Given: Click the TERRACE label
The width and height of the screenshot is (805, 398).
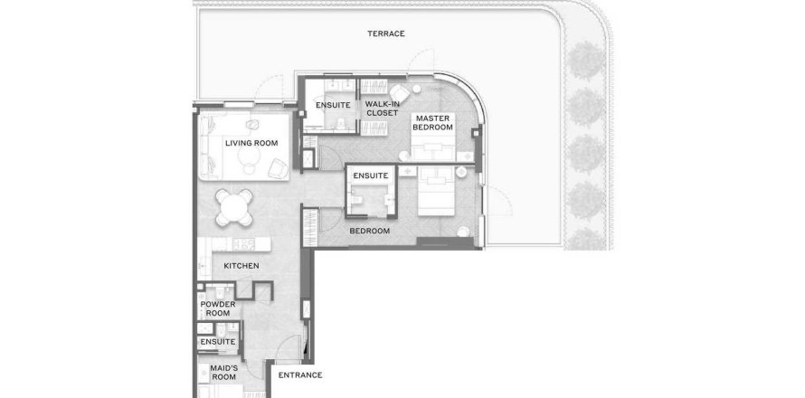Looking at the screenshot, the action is coord(386,33).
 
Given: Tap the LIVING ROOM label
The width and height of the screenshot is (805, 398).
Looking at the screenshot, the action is coord(251,143).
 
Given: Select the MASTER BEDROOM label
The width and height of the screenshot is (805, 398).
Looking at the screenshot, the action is coord(432,123).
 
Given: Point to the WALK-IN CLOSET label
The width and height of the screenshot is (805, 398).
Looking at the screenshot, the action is coord(382,109).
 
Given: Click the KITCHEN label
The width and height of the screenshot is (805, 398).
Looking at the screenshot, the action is coord(241,266).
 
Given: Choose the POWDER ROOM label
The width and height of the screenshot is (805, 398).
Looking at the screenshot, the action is coord(218,308).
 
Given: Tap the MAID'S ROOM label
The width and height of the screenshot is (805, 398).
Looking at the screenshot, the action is coord(223,373).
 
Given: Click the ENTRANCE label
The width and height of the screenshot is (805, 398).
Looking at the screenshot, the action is coord(300,375).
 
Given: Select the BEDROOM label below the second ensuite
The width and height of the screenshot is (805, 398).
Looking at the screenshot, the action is coord(370,231).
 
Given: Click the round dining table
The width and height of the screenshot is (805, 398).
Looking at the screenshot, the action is coord(234,207).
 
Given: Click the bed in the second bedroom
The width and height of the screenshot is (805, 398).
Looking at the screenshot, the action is coord(436,191).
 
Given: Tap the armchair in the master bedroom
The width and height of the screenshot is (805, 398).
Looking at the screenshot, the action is coord(400,93).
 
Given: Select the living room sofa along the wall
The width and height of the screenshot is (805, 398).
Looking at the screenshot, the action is coord(206,145).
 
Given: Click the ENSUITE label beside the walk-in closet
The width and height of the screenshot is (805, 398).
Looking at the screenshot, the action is coord(333,105).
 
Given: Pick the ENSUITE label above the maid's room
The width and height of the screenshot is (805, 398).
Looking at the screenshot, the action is coord(218,342).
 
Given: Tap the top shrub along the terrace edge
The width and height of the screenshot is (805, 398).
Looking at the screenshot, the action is coord(587,60).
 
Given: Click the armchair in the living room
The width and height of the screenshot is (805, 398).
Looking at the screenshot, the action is coord(278,168).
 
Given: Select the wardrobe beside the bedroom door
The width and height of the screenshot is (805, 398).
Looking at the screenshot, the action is coord(309,227).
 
